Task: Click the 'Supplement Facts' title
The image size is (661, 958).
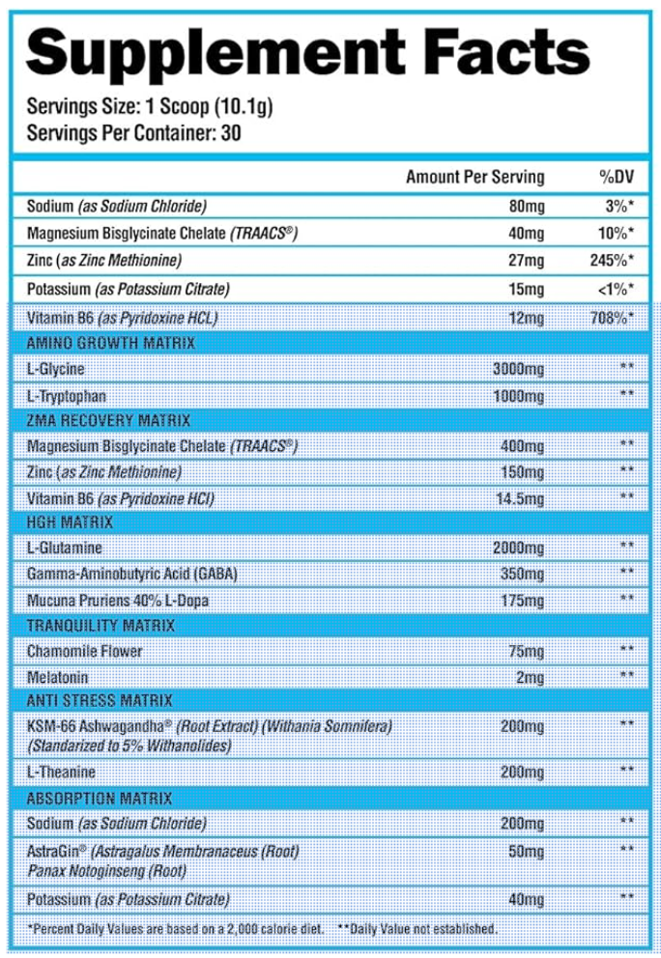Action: [x=307, y=52]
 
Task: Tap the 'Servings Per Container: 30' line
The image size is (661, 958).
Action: [x=134, y=133]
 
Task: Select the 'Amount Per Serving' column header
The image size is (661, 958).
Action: [x=474, y=178]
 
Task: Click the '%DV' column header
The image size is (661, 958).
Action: [x=616, y=178]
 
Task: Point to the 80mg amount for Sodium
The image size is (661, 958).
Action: [x=526, y=206]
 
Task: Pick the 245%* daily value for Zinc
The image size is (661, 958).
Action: [x=612, y=261]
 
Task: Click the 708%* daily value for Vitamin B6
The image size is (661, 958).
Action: [x=612, y=318]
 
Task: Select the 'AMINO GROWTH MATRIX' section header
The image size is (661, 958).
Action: [x=111, y=343]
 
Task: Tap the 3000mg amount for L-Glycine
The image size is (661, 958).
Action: [x=518, y=370]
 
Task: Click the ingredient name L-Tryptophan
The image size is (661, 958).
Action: [x=67, y=396]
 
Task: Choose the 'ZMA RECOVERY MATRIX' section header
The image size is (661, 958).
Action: [x=108, y=421]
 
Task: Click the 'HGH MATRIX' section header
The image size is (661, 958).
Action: [x=71, y=522]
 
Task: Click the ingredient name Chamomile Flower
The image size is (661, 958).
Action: [x=85, y=651]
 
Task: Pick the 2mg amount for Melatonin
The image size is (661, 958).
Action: [x=530, y=677]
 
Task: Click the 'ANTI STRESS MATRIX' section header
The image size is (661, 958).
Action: [x=100, y=700]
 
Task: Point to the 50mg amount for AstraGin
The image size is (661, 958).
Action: [x=526, y=851]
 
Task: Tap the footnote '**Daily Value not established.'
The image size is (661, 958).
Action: [x=417, y=929]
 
